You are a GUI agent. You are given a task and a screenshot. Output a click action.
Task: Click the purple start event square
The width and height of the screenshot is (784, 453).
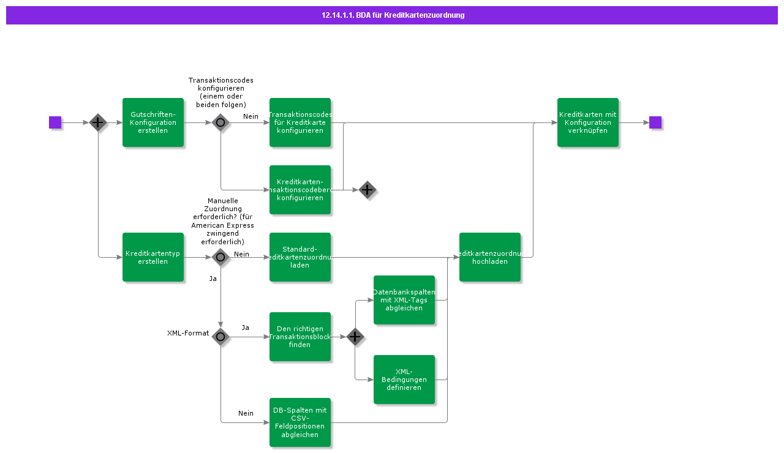55,122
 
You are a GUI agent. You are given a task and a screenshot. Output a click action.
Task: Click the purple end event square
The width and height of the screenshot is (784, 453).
655,122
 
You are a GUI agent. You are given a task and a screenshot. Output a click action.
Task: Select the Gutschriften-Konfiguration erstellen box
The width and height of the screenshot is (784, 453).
153,122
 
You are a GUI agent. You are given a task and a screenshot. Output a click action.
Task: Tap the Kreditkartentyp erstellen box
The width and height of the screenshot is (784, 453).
153,257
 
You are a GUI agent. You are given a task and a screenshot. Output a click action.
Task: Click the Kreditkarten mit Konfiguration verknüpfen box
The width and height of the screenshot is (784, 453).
588,122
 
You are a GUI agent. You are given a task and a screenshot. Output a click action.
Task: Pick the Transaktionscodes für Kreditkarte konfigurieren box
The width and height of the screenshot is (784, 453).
300,122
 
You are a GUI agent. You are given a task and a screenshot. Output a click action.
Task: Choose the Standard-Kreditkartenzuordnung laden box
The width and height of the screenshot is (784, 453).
300,257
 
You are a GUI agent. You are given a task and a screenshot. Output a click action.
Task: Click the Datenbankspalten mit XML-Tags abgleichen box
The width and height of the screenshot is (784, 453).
404,300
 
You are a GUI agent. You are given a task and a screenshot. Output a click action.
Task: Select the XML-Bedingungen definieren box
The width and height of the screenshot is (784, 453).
404,380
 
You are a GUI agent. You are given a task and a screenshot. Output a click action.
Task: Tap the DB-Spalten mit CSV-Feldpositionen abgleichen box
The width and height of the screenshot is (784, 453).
300,422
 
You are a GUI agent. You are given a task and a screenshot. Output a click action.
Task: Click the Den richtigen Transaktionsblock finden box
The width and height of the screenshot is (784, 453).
300,337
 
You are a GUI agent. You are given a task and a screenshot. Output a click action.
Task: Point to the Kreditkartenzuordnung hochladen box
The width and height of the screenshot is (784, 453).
490,257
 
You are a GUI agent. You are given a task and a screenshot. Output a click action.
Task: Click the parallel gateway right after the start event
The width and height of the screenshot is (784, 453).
98,122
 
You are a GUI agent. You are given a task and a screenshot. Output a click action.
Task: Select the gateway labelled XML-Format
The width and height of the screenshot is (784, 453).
221,337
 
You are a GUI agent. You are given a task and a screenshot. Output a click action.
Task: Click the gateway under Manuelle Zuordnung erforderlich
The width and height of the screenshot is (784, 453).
221,257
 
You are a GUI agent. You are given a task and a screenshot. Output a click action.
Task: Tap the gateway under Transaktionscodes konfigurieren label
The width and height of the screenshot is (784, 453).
221,122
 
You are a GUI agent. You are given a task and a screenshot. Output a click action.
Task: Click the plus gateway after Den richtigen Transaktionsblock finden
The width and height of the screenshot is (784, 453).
355,337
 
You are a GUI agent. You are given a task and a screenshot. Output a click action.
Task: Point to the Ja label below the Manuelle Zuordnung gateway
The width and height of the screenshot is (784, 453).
213,279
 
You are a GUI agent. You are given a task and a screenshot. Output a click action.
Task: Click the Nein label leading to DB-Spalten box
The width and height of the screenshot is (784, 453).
246,413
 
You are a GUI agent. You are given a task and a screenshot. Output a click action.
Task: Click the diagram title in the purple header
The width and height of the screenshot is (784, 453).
393,15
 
